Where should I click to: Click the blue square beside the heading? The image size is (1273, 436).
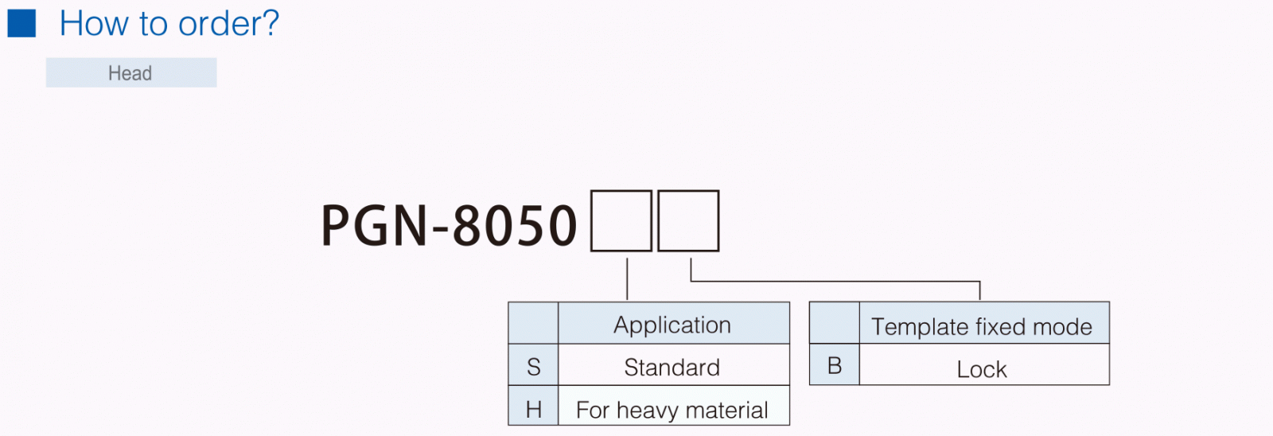[21, 23]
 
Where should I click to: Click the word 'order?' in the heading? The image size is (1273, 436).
[228, 24]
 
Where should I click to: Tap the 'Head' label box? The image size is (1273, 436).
[130, 73]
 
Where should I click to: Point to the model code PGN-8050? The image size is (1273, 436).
[449, 225]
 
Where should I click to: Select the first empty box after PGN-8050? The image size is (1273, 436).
[621, 221]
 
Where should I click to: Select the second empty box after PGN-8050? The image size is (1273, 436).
[688, 221]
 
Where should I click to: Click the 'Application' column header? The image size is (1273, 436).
[672, 325]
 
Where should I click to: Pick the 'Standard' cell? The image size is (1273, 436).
[672, 367]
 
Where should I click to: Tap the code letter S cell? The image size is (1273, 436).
[534, 367]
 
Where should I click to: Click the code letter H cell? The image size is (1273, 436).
[534, 409]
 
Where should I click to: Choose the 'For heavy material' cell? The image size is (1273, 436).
[672, 410]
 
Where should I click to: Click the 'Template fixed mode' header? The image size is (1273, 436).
[982, 326]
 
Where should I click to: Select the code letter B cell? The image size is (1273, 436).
[835, 365]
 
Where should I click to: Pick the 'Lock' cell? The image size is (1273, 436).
[982, 369]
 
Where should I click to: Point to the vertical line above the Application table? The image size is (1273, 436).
[628, 278]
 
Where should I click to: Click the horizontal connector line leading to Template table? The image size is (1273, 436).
[835, 281]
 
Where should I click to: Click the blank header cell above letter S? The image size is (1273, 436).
[534, 323]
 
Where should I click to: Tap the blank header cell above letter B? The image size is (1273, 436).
[835, 323]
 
